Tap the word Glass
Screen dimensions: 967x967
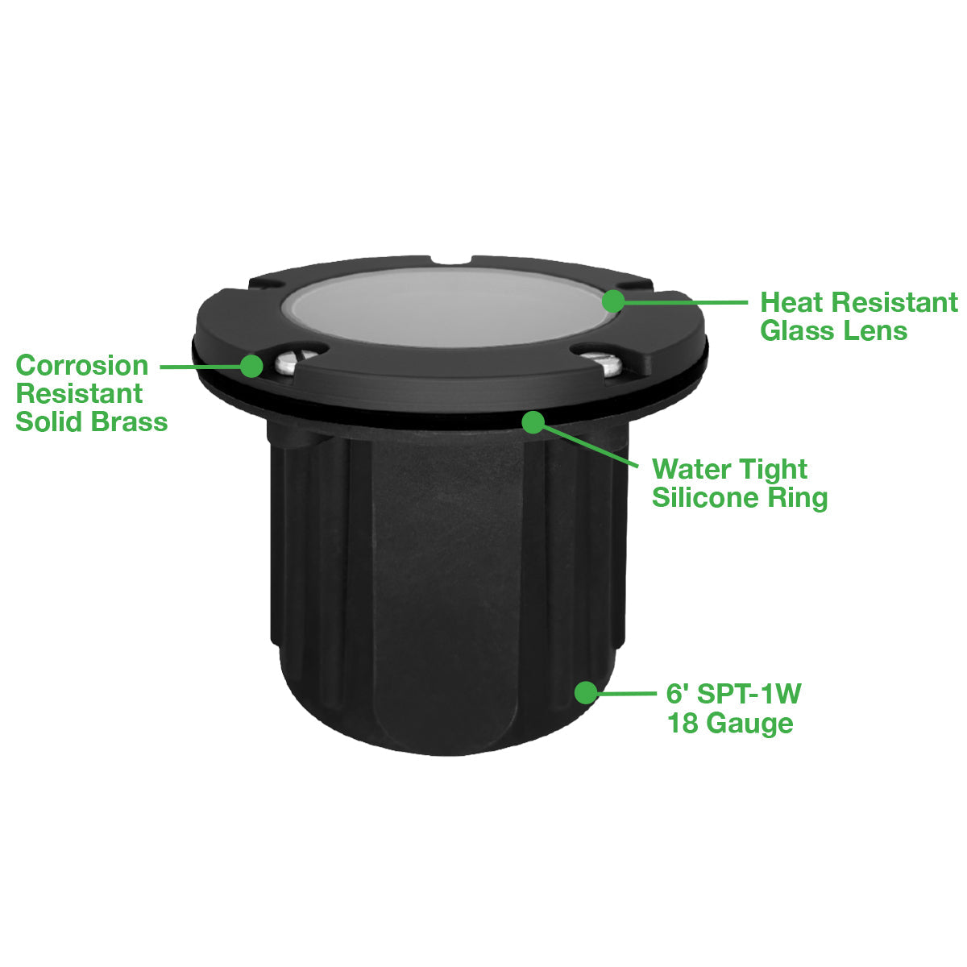(795, 331)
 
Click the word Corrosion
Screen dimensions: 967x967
(82, 365)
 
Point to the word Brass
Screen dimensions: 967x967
(130, 421)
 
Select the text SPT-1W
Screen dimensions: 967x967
(749, 694)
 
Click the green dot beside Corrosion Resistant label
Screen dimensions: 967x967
(251, 366)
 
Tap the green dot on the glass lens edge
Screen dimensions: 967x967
(613, 301)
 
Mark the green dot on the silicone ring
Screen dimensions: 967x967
(533, 422)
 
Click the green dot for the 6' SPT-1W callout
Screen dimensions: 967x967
(586, 692)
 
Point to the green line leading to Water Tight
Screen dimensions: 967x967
(591, 446)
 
